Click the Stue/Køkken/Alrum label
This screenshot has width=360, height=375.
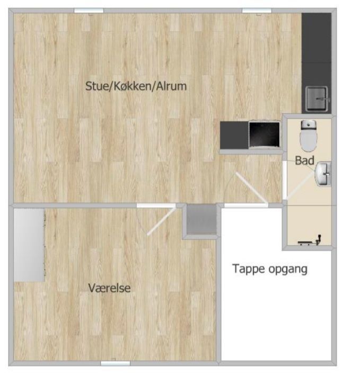136,86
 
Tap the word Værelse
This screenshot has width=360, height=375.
109,288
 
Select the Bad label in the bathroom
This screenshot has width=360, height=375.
304,160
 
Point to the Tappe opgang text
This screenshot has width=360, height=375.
270,269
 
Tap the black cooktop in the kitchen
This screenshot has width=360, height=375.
264,134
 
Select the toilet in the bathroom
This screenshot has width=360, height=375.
309,136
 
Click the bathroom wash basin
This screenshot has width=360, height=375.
323,174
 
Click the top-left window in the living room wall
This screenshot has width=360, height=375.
89,11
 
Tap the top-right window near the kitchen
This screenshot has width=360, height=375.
257,11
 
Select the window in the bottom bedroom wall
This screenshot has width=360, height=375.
116,363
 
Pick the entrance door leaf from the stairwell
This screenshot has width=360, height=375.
251,188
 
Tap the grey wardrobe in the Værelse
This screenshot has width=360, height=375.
29,245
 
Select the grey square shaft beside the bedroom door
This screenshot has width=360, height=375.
201,219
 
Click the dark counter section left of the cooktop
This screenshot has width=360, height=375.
234,135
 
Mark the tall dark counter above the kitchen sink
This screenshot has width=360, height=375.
316,49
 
